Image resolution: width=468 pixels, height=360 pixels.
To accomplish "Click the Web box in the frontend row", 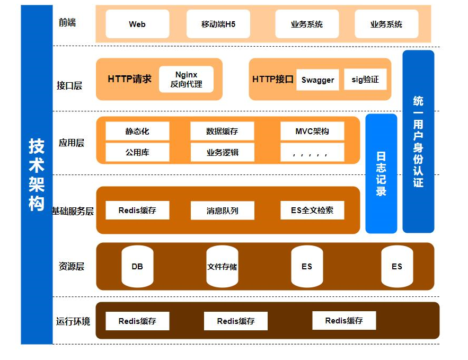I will click(x=137, y=24).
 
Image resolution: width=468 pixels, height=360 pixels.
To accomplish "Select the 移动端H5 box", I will click(x=218, y=24).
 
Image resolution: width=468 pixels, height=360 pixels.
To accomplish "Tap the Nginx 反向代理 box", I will click(x=186, y=80).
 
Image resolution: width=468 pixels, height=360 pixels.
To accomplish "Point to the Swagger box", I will click(x=317, y=80).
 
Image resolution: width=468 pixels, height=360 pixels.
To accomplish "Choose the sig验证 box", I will click(x=365, y=80).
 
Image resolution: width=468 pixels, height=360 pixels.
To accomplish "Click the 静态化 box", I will click(x=137, y=131).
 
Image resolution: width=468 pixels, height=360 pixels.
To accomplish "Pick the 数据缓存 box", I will click(x=222, y=131).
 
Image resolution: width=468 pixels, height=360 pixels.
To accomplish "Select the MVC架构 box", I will click(x=312, y=131).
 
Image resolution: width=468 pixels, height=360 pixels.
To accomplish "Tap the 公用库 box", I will click(x=137, y=152).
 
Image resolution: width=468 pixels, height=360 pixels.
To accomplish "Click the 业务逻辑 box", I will click(x=222, y=152).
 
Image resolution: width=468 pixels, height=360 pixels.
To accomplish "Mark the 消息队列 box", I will click(x=222, y=210).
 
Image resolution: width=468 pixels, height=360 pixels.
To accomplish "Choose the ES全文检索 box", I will click(x=312, y=210).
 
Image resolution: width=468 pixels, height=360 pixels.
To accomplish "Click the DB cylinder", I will click(x=137, y=266).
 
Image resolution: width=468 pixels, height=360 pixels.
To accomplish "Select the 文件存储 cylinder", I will click(x=222, y=266).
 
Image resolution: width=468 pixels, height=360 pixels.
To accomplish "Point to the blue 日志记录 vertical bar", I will click(x=381, y=173).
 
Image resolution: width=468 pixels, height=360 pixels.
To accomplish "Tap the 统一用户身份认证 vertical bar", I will click(x=418, y=142).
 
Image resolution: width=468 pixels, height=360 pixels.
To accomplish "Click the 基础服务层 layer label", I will click(x=73, y=211).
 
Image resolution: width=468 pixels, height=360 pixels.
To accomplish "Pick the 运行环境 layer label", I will click(x=73, y=321).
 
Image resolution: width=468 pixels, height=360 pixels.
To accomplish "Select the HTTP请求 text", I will click(x=129, y=79).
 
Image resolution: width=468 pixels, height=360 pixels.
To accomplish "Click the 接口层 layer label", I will click(x=69, y=85).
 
